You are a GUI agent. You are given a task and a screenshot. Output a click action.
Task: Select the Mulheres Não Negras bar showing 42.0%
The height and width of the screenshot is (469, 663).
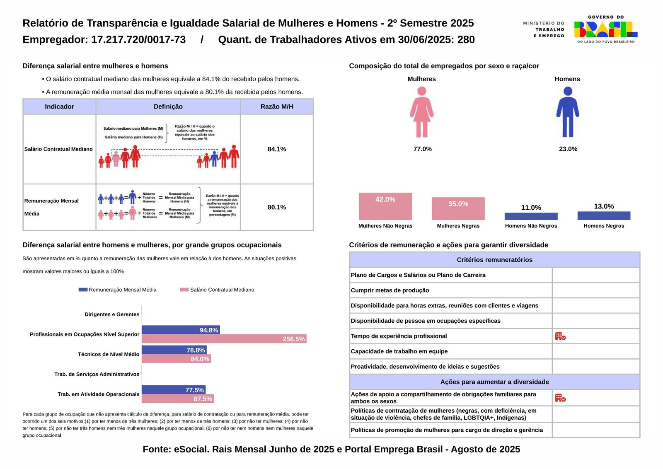[x=385, y=206]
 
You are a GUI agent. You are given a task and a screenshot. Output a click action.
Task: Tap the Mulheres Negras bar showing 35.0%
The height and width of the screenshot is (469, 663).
[x=458, y=208]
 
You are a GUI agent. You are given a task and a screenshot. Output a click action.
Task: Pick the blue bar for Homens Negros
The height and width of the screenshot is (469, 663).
[x=604, y=215]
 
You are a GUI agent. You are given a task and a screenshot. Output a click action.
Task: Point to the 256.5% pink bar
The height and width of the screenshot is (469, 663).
[x=224, y=339]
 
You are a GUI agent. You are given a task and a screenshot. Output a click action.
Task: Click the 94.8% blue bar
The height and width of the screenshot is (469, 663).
[x=181, y=330]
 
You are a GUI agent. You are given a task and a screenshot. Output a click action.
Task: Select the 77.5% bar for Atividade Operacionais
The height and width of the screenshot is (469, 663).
[x=174, y=390]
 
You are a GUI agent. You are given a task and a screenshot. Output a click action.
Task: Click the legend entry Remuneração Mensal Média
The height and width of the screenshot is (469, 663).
[x=118, y=290]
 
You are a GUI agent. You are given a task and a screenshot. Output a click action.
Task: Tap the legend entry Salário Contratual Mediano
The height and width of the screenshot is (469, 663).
[x=217, y=290]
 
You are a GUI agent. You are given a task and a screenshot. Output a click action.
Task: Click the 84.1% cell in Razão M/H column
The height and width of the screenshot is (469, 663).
[x=277, y=149]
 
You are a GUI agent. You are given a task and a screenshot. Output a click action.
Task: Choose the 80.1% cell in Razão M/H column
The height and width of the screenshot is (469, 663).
[x=277, y=207]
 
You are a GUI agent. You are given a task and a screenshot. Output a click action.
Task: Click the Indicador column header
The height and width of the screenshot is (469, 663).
[x=59, y=106]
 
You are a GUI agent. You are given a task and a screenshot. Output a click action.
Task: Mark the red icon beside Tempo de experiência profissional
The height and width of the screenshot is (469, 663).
[x=560, y=336]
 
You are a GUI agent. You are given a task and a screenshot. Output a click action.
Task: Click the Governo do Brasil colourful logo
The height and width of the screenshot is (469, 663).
[x=606, y=29]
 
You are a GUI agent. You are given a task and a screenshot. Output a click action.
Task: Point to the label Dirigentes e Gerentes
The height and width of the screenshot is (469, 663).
[x=112, y=314]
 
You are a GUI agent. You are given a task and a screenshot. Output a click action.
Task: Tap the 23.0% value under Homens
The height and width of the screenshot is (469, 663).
[x=568, y=149]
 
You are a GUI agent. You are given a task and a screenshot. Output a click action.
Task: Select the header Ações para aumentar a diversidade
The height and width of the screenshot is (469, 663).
[x=494, y=382]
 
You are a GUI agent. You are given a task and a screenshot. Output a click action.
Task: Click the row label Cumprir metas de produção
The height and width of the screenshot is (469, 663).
[x=390, y=290]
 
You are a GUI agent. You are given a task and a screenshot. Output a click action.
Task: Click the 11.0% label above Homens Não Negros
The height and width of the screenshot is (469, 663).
[x=531, y=208]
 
